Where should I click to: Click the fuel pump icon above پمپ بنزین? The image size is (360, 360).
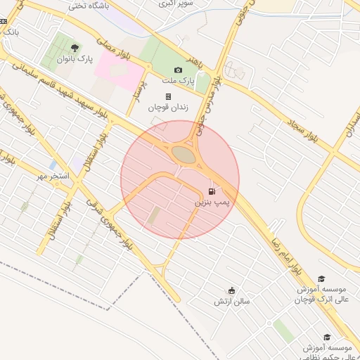212,191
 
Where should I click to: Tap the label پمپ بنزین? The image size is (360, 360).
212,202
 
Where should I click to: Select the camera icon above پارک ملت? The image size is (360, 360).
178,70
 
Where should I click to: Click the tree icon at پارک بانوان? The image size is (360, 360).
75,48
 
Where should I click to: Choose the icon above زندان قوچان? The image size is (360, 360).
168,96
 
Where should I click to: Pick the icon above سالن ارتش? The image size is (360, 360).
232,290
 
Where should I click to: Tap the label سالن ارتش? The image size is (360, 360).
232,302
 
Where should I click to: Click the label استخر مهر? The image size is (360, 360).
53,176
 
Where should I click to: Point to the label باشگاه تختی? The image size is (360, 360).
87,6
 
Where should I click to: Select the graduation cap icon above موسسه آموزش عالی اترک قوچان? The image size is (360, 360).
321,279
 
